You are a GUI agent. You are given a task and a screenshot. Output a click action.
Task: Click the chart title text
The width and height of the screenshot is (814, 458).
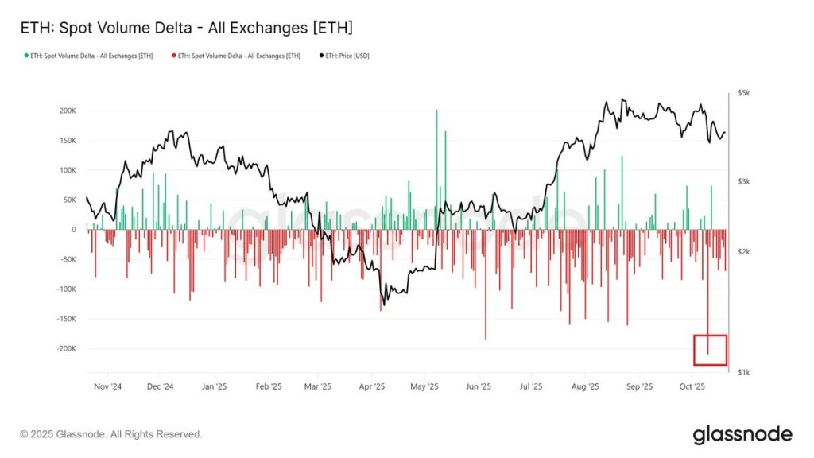point(186,28)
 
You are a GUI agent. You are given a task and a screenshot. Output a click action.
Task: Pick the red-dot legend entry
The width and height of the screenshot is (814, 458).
point(238,56)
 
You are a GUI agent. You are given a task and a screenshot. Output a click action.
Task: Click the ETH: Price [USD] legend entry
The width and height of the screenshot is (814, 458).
point(346,56)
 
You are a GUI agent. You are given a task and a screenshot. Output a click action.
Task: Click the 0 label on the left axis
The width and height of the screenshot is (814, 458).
point(73,230)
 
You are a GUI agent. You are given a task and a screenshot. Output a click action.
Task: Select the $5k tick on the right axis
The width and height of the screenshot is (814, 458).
point(744,94)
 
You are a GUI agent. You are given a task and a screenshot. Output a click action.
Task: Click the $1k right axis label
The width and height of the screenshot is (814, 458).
point(744,372)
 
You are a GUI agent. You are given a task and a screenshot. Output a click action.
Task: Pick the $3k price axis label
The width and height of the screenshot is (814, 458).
point(744,182)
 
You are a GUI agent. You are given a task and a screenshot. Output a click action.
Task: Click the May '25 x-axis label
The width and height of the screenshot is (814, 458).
point(424,387)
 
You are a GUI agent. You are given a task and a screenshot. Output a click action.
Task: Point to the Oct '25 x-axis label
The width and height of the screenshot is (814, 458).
point(692,387)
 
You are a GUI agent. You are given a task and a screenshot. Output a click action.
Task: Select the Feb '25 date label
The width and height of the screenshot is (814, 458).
point(268,387)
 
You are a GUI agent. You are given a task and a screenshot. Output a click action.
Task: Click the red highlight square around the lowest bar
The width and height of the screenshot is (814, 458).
point(710,350)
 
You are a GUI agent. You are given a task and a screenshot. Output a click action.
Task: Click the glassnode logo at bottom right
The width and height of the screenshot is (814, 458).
point(742,434)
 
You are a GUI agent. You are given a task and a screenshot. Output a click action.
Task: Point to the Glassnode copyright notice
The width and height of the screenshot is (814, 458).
point(111,434)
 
